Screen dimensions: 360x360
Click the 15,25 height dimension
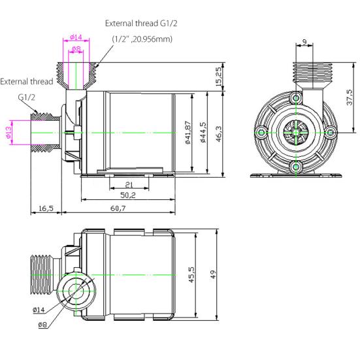pyautogui.click(x=218, y=78)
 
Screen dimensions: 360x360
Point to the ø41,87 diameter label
pyautogui.click(x=188, y=133)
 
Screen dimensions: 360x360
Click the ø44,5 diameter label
pyautogui.click(x=203, y=133)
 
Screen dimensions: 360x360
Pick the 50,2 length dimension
pyautogui.click(x=128, y=195)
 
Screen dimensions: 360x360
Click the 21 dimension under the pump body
pyautogui.click(x=129, y=185)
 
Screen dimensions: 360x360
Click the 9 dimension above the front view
pyautogui.click(x=305, y=43)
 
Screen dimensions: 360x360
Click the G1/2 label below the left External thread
pyautogui.click(x=27, y=97)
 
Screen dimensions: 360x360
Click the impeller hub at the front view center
pyautogui.click(x=296, y=133)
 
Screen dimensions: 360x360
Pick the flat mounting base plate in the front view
pyautogui.click(x=296, y=175)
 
